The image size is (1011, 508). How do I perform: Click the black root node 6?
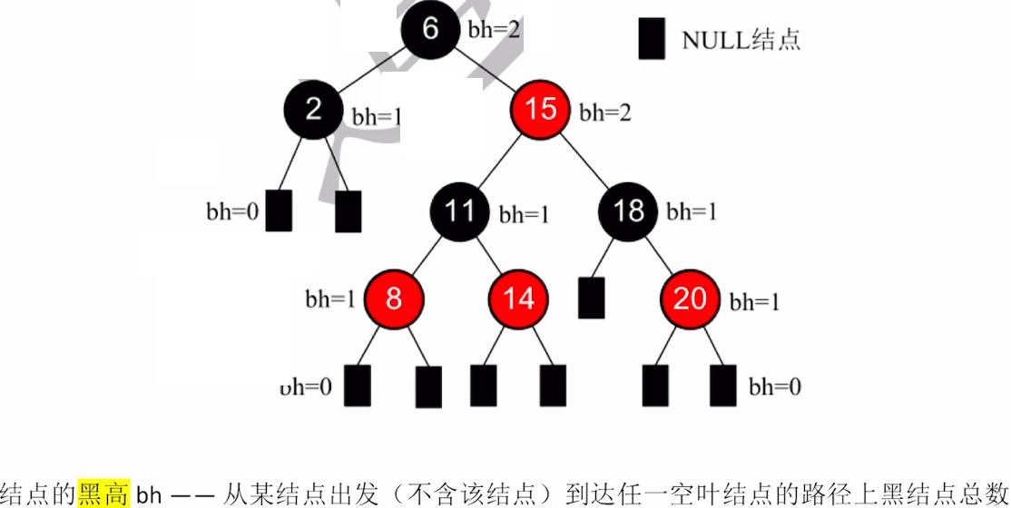430,30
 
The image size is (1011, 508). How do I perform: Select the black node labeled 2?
314,110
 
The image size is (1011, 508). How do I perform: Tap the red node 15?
541,110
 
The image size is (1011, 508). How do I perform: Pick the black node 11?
460,211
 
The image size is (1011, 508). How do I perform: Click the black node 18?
628,211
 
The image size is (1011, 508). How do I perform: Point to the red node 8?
394,298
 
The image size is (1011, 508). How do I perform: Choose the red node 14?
518,298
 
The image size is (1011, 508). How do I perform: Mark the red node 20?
690,298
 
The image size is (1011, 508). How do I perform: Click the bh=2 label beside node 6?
494,29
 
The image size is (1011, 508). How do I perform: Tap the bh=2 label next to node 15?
605,112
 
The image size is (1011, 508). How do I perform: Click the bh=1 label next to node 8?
330,299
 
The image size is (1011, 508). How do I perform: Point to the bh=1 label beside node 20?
755,301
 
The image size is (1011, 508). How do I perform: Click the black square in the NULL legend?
652,40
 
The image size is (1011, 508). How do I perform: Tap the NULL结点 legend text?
741,40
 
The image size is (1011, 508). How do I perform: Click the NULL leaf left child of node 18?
591,298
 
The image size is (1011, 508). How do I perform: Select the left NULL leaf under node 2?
280,210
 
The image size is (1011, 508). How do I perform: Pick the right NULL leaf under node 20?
723,386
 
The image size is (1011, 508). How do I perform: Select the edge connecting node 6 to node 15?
486,70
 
